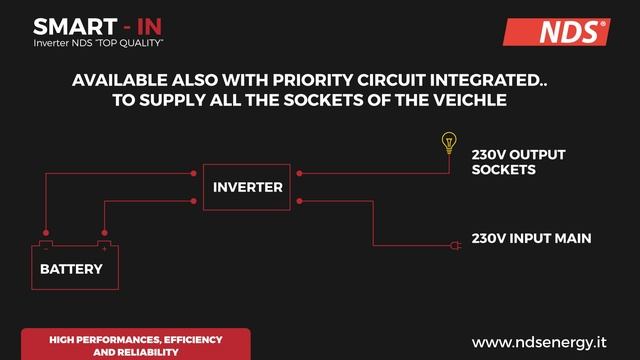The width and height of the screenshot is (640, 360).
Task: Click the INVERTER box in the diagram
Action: (x=247, y=187)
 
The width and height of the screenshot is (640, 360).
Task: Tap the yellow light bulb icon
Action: (x=448, y=143)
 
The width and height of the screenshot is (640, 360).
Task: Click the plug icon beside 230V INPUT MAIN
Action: (x=454, y=243)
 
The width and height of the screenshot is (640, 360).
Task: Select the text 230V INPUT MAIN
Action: (x=532, y=238)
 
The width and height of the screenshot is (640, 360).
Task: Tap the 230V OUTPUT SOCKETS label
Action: (x=518, y=162)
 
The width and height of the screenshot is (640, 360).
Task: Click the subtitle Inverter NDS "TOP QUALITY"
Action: (x=98, y=45)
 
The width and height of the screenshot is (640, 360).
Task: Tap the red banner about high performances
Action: (x=136, y=345)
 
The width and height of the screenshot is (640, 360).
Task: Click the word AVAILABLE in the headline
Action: (x=119, y=79)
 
